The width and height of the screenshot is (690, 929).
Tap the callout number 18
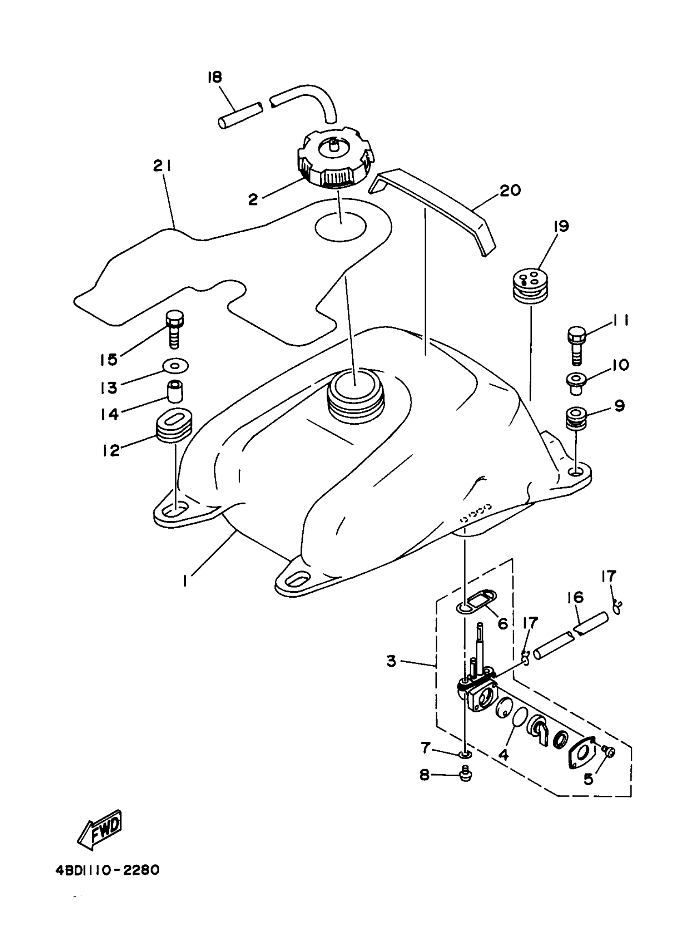(x=215, y=77)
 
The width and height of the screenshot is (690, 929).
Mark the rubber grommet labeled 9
(x=576, y=418)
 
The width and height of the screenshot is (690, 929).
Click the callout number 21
(x=162, y=166)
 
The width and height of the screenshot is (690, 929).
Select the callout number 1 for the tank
(x=185, y=580)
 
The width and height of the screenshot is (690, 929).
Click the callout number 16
(x=576, y=597)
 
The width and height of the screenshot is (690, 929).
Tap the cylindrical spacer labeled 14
(x=176, y=391)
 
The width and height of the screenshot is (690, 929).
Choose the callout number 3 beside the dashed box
(x=391, y=661)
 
